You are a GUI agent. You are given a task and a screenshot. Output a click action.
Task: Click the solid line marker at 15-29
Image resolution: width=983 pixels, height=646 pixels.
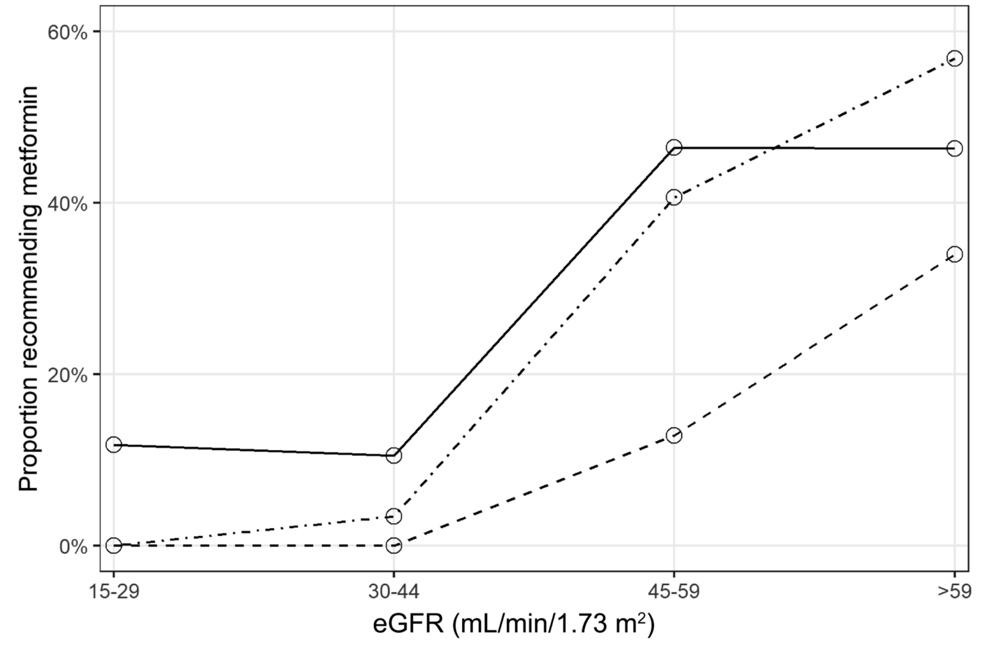(x=113, y=444)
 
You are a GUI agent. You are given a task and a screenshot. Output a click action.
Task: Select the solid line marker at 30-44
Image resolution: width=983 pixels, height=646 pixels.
(x=394, y=455)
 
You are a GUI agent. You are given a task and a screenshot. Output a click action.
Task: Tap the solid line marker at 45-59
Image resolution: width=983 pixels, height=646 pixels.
(x=674, y=147)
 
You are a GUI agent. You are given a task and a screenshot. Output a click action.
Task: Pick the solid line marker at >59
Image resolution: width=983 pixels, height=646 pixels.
(x=954, y=149)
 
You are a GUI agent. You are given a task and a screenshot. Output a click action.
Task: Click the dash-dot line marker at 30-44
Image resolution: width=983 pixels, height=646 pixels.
(x=394, y=515)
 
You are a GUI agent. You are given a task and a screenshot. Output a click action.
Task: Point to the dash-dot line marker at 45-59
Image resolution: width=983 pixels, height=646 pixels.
(x=674, y=197)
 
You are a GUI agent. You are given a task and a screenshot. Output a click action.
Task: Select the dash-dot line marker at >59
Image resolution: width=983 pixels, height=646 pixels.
(x=954, y=59)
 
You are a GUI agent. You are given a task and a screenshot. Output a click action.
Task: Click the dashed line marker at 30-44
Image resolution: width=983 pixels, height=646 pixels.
(x=394, y=545)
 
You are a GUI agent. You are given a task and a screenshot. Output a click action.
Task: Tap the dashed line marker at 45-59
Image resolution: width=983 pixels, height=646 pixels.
(x=674, y=435)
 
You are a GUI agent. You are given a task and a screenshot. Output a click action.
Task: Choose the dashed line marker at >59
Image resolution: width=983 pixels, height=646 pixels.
(x=954, y=254)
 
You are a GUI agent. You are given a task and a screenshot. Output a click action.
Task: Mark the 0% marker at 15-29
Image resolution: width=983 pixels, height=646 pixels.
(x=113, y=545)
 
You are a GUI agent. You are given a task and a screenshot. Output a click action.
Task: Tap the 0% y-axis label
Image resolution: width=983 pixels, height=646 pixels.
(x=73, y=546)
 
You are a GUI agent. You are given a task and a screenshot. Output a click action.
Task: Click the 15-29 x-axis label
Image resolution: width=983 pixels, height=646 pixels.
(x=113, y=591)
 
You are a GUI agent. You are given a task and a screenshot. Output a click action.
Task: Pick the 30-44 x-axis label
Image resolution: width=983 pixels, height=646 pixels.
(x=394, y=591)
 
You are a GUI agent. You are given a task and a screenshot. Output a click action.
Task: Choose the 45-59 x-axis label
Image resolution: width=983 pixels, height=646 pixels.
(x=674, y=591)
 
